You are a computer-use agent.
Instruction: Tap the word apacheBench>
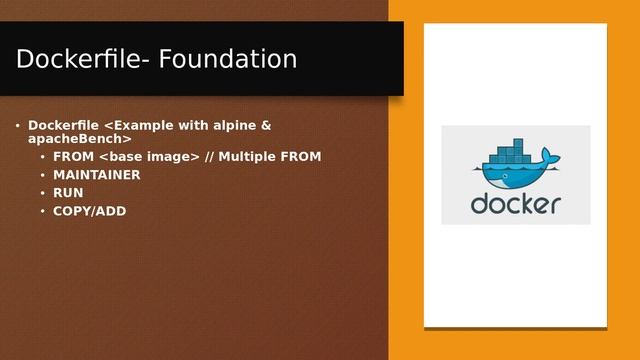point(80,138)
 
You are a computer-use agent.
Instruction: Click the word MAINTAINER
point(97,175)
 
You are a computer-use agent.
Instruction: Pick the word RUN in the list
point(68,193)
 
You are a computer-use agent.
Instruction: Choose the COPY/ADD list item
point(90,211)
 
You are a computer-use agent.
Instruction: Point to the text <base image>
point(149,157)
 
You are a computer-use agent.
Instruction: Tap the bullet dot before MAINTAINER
point(42,175)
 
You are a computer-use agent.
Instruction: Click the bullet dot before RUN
point(42,193)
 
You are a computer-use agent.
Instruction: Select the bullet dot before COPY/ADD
point(42,211)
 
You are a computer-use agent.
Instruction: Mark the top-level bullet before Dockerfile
point(17,126)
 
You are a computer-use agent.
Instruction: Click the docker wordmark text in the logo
point(515,204)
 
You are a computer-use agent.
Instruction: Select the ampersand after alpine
point(266,125)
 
